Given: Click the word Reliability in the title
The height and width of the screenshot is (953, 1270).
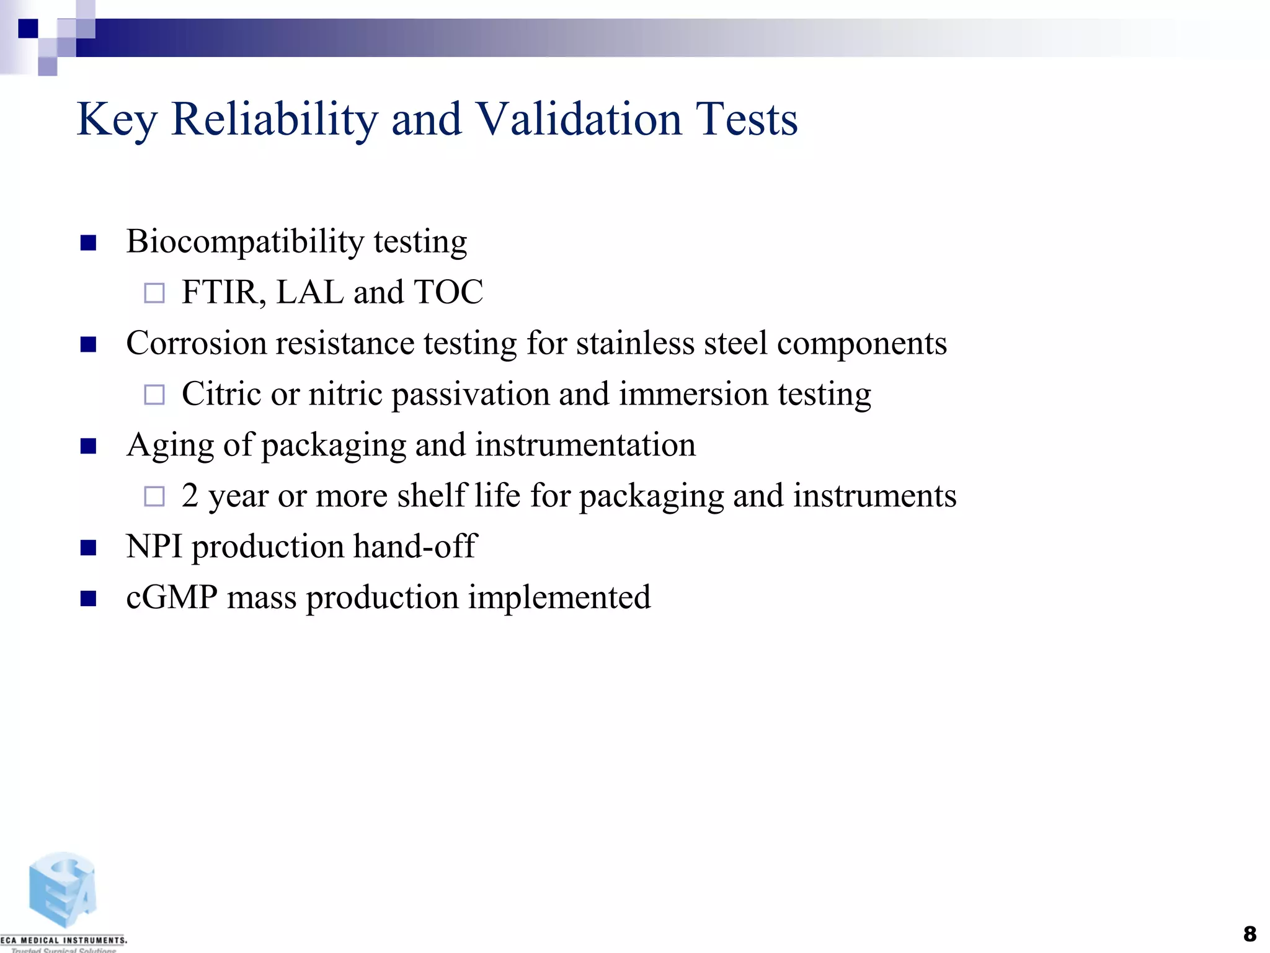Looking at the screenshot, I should point(273,119).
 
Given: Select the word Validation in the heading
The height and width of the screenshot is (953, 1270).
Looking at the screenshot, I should point(578,119).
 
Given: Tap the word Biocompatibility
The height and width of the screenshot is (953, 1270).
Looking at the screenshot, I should point(244,242).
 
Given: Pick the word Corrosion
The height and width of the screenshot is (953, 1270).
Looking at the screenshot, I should point(195,343).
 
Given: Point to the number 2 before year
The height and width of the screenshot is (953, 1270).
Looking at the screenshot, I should point(190,496).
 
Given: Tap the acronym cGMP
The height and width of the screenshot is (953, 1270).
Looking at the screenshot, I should point(172,597).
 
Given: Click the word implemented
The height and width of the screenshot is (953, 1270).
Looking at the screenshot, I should point(559,597).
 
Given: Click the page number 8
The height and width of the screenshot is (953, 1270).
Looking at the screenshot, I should point(1250,934).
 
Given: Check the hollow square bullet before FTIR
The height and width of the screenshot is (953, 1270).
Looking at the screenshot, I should point(154,293).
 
